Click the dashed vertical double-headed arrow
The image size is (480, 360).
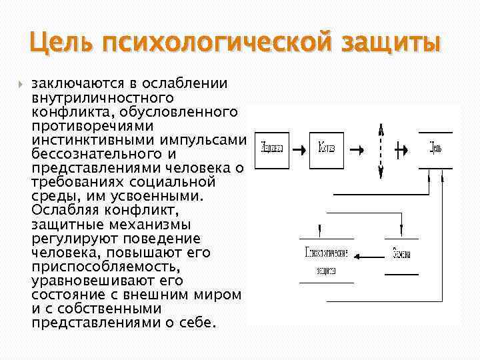[379, 151]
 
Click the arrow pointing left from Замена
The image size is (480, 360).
[367, 256]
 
